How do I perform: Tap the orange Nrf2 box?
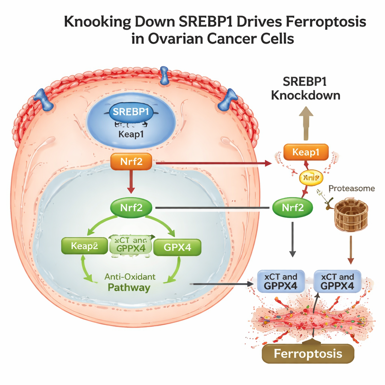tap(131, 163)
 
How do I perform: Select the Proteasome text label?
tap(352, 188)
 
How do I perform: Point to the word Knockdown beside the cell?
tap(305, 95)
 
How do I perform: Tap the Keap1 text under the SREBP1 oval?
tap(131, 135)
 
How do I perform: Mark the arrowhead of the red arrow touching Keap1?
tap(268, 163)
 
